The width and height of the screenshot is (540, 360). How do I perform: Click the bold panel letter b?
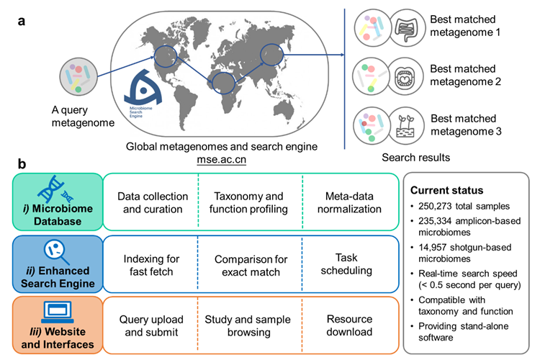[23, 163]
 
